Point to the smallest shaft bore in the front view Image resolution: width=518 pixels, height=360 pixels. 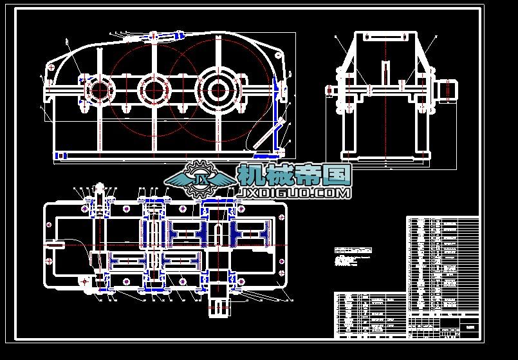pos(99,90)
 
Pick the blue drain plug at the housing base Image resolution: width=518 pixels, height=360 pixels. pos(61,155)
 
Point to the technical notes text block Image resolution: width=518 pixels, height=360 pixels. pos(353,257)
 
